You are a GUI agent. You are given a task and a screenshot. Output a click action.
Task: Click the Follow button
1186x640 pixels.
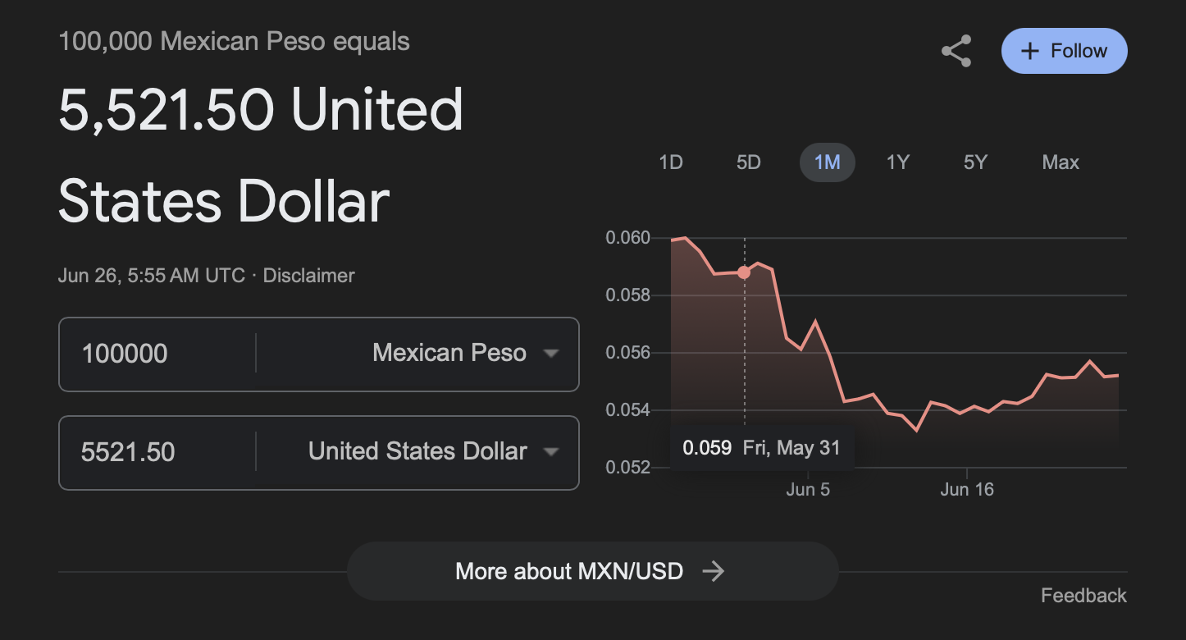click(x=1064, y=51)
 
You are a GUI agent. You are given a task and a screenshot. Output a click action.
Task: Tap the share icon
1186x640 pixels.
click(x=956, y=51)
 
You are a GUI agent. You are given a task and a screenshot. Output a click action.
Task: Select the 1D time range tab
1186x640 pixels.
click(x=671, y=162)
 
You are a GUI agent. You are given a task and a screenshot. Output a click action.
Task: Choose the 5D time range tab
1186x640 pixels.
click(x=748, y=162)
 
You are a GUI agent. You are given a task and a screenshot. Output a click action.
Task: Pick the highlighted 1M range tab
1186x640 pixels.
click(x=827, y=162)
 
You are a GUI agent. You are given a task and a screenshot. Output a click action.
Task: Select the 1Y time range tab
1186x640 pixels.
click(x=898, y=162)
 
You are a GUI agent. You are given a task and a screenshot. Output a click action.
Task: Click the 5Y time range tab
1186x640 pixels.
click(x=975, y=162)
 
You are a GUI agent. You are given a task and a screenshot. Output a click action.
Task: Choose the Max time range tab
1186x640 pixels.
click(x=1061, y=162)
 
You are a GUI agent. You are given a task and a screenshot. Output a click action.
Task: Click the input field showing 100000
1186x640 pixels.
click(x=156, y=354)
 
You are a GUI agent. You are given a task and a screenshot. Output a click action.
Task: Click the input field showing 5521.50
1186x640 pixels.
click(x=156, y=452)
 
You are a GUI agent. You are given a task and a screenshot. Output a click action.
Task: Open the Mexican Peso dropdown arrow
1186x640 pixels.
click(x=551, y=354)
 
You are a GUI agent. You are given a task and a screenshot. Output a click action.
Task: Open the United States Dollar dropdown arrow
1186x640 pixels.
click(x=551, y=452)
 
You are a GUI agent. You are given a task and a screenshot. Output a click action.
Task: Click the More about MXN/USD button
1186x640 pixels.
click(x=592, y=571)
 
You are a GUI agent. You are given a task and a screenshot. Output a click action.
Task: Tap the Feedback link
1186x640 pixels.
click(x=1083, y=596)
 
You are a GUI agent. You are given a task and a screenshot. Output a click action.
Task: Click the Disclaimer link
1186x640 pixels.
click(x=308, y=276)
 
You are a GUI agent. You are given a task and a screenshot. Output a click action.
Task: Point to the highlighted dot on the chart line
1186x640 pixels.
click(x=744, y=272)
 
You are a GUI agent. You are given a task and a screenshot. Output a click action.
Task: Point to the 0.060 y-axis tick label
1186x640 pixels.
click(x=627, y=238)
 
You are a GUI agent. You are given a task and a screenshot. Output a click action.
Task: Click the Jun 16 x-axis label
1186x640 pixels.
click(x=967, y=490)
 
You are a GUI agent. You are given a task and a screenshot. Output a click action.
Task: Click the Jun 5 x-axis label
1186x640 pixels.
click(x=808, y=490)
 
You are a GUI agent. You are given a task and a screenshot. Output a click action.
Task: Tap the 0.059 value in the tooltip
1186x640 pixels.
click(x=706, y=448)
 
